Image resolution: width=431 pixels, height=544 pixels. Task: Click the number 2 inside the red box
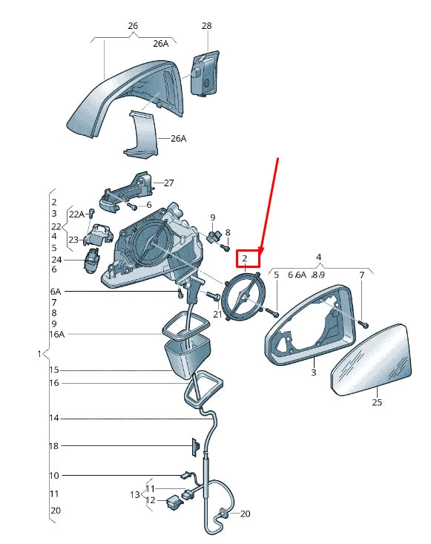[244, 258]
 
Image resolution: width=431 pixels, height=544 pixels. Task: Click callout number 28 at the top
[206, 26]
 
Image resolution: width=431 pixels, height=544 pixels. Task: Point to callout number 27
[168, 183]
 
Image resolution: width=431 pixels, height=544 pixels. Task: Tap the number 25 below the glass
[377, 402]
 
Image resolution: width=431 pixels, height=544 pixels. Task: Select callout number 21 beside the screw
[217, 315]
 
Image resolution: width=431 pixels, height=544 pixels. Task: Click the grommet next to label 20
[223, 513]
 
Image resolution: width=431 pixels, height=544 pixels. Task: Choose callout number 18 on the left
[54, 446]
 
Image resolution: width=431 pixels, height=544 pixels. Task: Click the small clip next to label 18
[195, 446]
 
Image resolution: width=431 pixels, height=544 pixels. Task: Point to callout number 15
[54, 370]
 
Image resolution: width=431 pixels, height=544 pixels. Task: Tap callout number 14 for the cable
[54, 419]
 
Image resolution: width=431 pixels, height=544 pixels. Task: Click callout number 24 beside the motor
[56, 260]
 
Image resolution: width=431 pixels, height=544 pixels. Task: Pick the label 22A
[76, 214]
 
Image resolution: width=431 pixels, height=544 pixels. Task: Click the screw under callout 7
[365, 324]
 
